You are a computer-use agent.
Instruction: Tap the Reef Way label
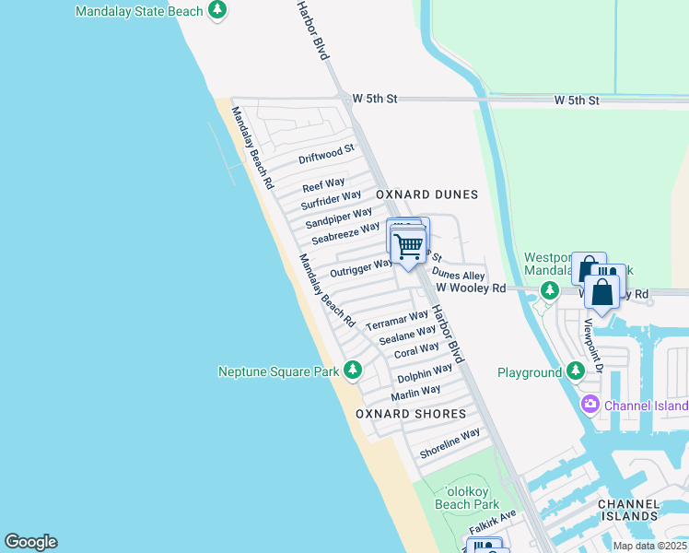click(x=323, y=184)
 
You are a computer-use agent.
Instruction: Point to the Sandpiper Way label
click(x=339, y=218)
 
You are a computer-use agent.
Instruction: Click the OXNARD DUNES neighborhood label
click(x=426, y=194)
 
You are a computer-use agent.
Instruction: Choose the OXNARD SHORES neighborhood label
click(x=411, y=414)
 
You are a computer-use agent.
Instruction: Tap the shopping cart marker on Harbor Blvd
click(x=407, y=246)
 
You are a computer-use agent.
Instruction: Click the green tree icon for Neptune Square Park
click(x=352, y=371)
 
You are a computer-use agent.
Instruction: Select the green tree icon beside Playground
click(x=576, y=371)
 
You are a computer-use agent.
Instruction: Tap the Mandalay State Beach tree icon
click(x=217, y=11)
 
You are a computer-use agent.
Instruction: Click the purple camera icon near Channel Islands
click(x=590, y=405)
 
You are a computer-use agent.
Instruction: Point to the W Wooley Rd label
click(x=471, y=288)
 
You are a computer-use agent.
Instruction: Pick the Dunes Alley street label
click(x=458, y=275)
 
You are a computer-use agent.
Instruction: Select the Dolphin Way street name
click(x=425, y=373)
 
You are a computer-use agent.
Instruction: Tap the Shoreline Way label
click(x=450, y=444)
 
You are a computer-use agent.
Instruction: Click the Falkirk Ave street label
click(x=494, y=526)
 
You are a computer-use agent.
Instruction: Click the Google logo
click(x=30, y=542)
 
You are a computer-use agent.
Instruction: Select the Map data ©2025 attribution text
click(x=649, y=546)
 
